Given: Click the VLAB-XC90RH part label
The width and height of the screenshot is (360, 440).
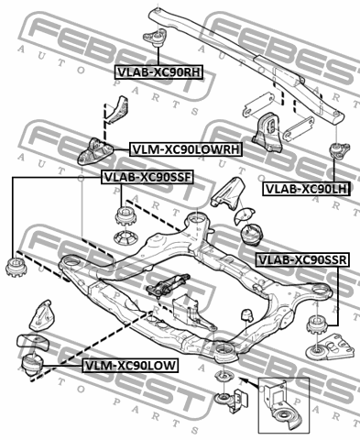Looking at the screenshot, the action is click(158, 72).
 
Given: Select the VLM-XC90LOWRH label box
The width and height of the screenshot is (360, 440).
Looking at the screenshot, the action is click(186, 149).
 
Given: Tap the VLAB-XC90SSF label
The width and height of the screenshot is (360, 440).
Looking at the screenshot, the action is click(147, 177).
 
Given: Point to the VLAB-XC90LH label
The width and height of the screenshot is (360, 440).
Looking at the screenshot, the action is click(307, 189).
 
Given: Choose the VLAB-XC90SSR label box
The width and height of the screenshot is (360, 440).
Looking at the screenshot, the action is click(302, 259).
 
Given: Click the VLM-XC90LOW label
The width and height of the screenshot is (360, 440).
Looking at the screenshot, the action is click(130, 365).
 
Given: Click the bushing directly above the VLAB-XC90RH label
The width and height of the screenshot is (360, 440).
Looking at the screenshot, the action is click(156, 38).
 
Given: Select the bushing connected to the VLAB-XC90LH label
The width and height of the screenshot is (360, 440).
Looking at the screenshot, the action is click(339, 150).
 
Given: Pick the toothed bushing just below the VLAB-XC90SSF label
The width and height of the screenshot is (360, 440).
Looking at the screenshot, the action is click(125, 216).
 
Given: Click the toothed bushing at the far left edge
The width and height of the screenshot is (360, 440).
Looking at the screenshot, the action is click(16, 268).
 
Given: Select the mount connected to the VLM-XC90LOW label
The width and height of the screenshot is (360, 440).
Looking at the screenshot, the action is click(32, 365).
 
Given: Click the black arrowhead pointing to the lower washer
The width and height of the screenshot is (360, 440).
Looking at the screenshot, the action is click(243, 380).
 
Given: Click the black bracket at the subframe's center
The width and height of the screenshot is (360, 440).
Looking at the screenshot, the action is click(167, 285).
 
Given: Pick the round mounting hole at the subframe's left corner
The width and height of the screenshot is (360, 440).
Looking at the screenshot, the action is click(71, 262).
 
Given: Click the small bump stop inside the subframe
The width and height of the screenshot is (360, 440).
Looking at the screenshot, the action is click(247, 315).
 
